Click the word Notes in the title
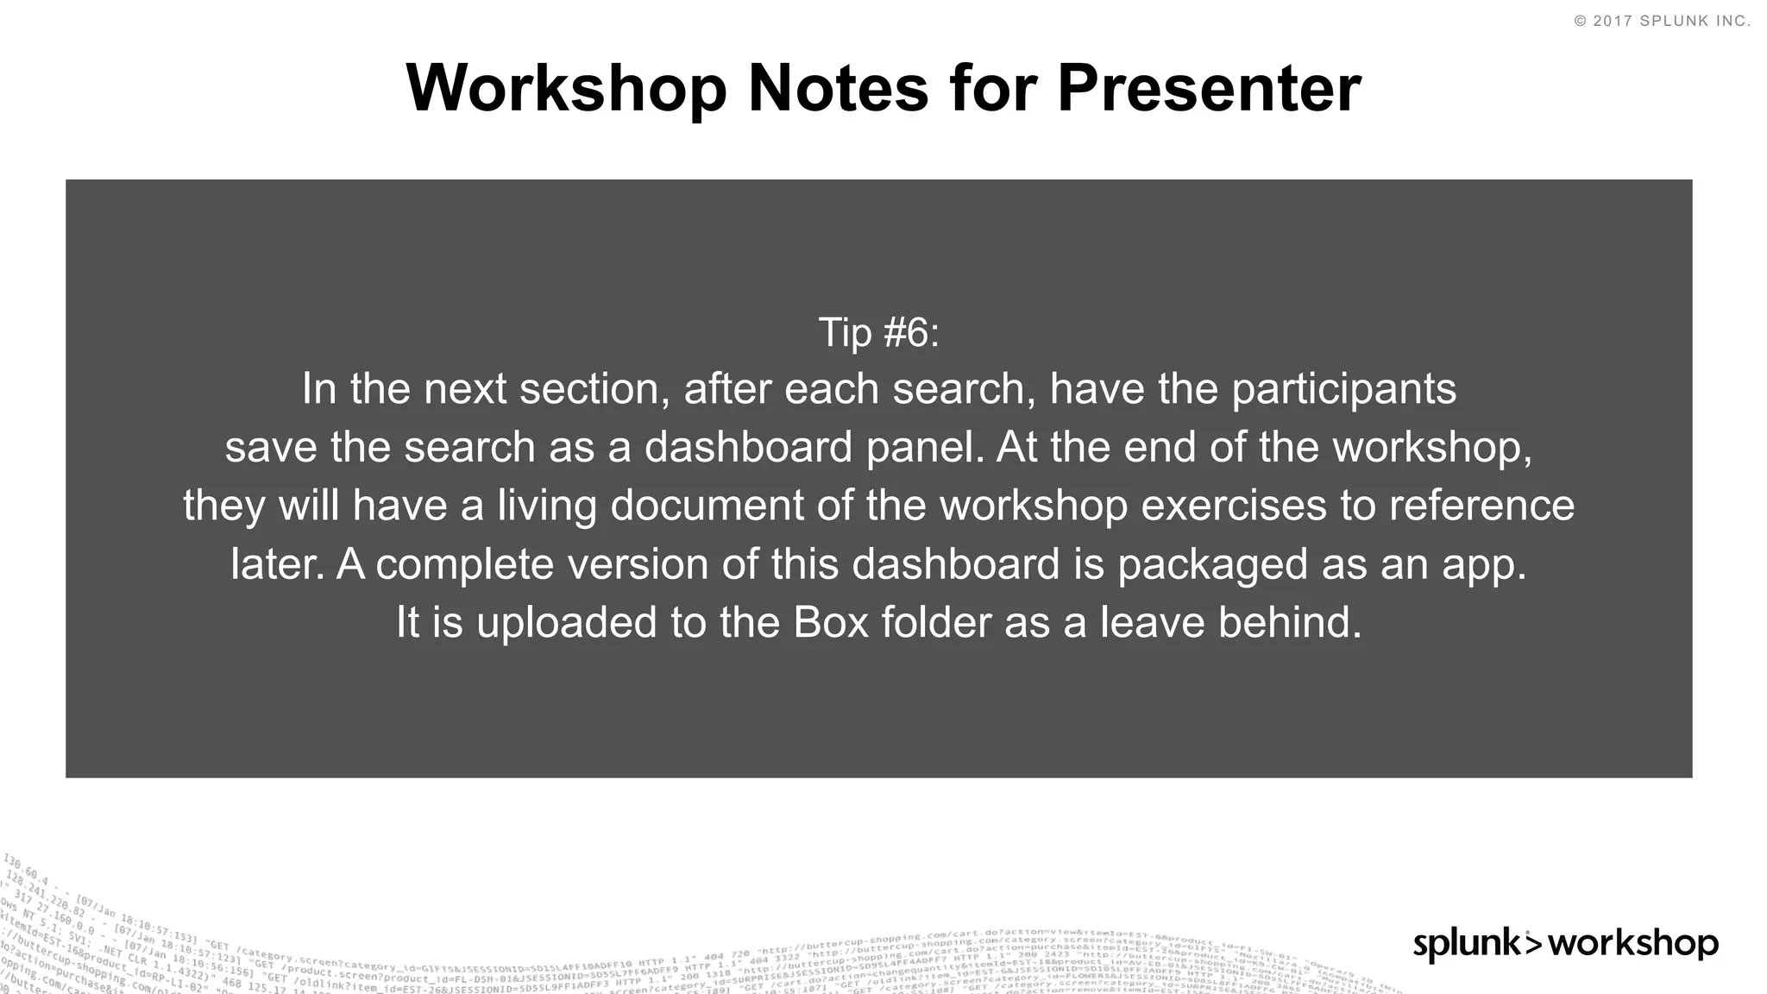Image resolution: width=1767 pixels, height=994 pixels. click(x=837, y=88)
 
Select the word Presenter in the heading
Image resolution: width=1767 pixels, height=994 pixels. click(x=1209, y=88)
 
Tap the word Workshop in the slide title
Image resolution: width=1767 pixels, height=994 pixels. click(x=567, y=88)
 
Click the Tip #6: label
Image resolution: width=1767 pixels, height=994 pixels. click(x=878, y=332)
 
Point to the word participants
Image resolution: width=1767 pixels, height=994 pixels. click(x=1343, y=389)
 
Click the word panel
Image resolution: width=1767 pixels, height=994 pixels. click(x=923, y=447)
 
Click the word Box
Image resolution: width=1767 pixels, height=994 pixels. click(x=830, y=622)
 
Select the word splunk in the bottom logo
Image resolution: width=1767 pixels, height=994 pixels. click(x=1466, y=944)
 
